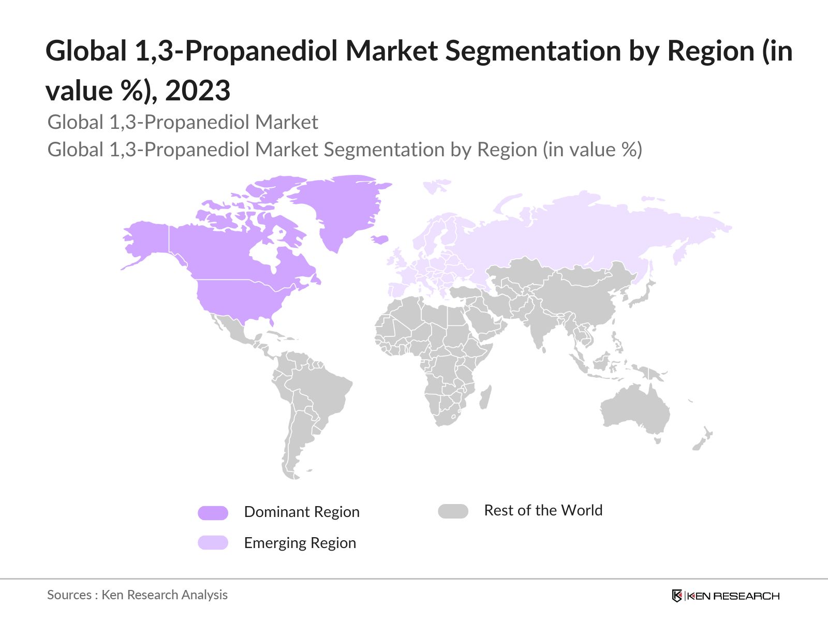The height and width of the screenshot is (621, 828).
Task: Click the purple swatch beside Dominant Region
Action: click(x=213, y=513)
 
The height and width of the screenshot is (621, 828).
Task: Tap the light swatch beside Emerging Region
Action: click(x=213, y=543)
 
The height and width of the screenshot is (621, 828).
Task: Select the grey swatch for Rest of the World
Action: click(x=453, y=511)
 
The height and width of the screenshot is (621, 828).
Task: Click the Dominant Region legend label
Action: click(x=301, y=512)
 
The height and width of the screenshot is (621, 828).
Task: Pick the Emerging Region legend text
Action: click(x=300, y=543)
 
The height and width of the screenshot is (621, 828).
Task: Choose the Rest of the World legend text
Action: click(x=543, y=510)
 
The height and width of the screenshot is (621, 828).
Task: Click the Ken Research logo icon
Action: click(x=677, y=596)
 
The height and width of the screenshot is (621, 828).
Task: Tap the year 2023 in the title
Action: click(x=198, y=91)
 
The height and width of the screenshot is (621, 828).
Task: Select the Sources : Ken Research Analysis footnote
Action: click(x=137, y=595)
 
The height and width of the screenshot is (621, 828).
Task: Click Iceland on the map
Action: click(x=380, y=239)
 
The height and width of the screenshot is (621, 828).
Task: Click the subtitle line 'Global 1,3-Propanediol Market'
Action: click(x=183, y=122)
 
